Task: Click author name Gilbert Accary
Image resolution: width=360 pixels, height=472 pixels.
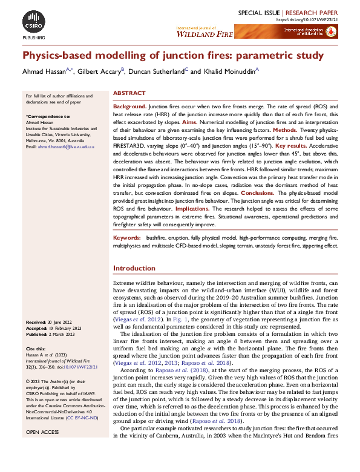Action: [x=100, y=71]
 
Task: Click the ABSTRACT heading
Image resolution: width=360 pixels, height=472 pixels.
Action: [x=129, y=93]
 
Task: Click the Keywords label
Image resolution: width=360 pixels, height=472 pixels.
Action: [x=126, y=238]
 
